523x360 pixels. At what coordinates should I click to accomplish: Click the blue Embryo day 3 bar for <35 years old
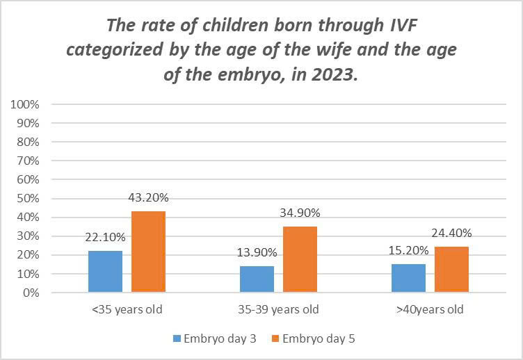tap(105, 271)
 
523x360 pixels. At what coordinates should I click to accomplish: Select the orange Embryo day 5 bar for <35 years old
tap(149, 252)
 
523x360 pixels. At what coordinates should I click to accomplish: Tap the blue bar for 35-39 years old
tap(257, 279)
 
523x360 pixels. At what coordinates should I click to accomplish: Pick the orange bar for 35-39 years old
tap(300, 259)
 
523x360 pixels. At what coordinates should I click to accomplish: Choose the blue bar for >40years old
tap(408, 277)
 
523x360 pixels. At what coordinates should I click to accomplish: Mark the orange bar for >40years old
tap(452, 269)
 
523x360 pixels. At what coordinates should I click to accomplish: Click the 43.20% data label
tap(149, 198)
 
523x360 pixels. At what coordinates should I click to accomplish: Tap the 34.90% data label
tap(300, 213)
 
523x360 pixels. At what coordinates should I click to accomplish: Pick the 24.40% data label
tap(452, 233)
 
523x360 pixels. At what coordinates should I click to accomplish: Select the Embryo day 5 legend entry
tap(316, 338)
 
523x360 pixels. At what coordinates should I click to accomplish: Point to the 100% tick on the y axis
tap(25, 104)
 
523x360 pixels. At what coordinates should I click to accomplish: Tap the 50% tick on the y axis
tap(28, 199)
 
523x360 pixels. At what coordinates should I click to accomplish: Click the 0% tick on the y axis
tap(31, 293)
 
